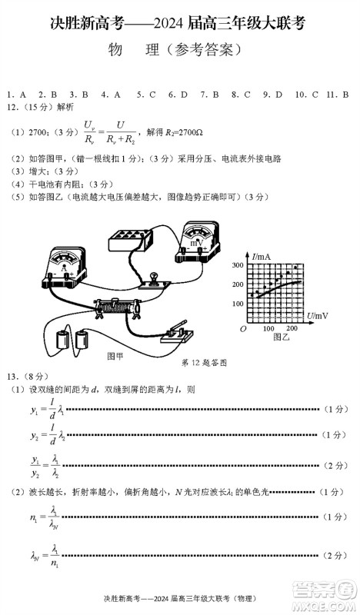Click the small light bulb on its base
click(x=152, y=278)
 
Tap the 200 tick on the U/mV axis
click(x=291, y=328)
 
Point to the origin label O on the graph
click(x=242, y=328)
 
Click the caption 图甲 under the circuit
click(x=115, y=356)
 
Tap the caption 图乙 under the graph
click(x=272, y=338)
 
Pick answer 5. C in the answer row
click(x=147, y=95)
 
